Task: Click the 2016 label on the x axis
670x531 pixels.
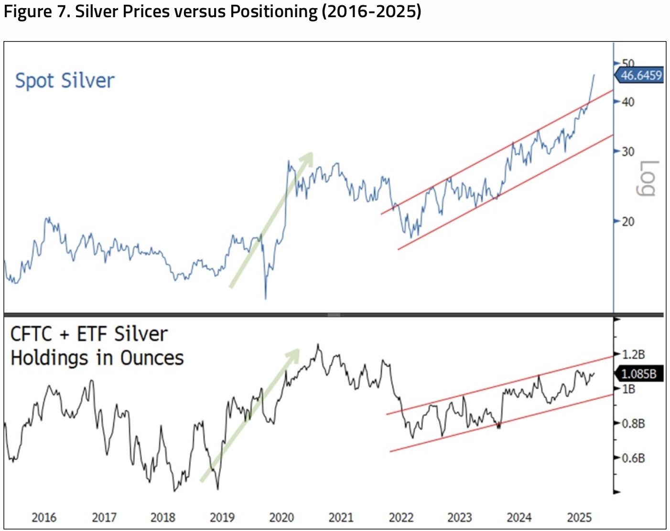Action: pyautogui.click(x=44, y=517)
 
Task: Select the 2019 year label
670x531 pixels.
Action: pyautogui.click(x=222, y=517)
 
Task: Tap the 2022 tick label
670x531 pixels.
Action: pyautogui.click(x=401, y=517)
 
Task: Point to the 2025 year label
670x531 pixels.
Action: pyautogui.click(x=579, y=517)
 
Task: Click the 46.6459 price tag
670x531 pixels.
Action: pyautogui.click(x=641, y=75)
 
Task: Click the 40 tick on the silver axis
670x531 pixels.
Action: pyautogui.click(x=628, y=102)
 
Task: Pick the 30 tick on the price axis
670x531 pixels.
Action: pyautogui.click(x=628, y=151)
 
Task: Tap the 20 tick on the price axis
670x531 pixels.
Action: pyautogui.click(x=628, y=221)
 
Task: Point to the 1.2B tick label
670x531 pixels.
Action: pyautogui.click(x=633, y=354)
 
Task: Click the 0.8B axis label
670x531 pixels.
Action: pyautogui.click(x=633, y=424)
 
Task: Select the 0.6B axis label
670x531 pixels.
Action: pyautogui.click(x=633, y=458)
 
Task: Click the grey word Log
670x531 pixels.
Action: pyautogui.click(x=647, y=178)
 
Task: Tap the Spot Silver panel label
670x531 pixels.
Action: pyautogui.click(x=65, y=81)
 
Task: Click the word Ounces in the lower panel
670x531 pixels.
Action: pyautogui.click(x=152, y=358)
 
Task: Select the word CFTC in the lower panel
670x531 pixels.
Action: pyautogui.click(x=31, y=334)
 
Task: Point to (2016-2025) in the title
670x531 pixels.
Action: pyautogui.click(x=371, y=11)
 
